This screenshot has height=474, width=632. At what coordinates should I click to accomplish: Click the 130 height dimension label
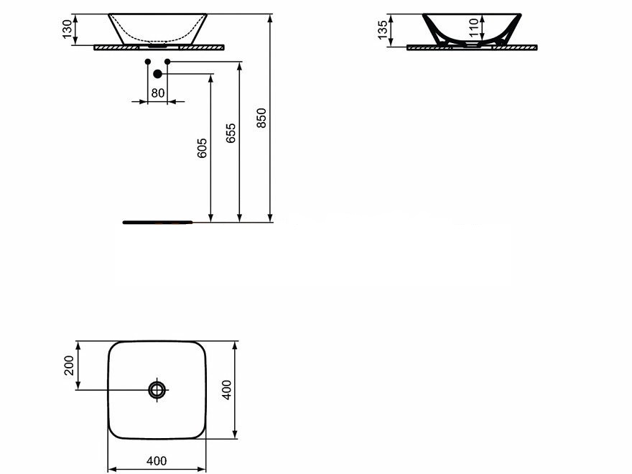point(68,29)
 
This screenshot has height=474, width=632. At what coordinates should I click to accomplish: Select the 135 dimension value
point(383,30)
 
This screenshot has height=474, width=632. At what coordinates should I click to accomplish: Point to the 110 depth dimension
point(474,27)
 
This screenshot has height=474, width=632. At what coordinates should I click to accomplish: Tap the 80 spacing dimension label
point(157,93)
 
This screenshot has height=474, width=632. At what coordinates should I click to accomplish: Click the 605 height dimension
point(202,148)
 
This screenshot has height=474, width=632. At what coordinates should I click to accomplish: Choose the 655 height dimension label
point(231,133)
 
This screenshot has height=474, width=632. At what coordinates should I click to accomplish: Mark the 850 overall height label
point(261,118)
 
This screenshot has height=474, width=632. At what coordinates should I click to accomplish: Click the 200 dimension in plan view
point(70,365)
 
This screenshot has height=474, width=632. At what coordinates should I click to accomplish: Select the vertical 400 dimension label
point(227,390)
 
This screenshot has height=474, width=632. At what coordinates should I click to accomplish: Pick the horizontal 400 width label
point(157,460)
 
